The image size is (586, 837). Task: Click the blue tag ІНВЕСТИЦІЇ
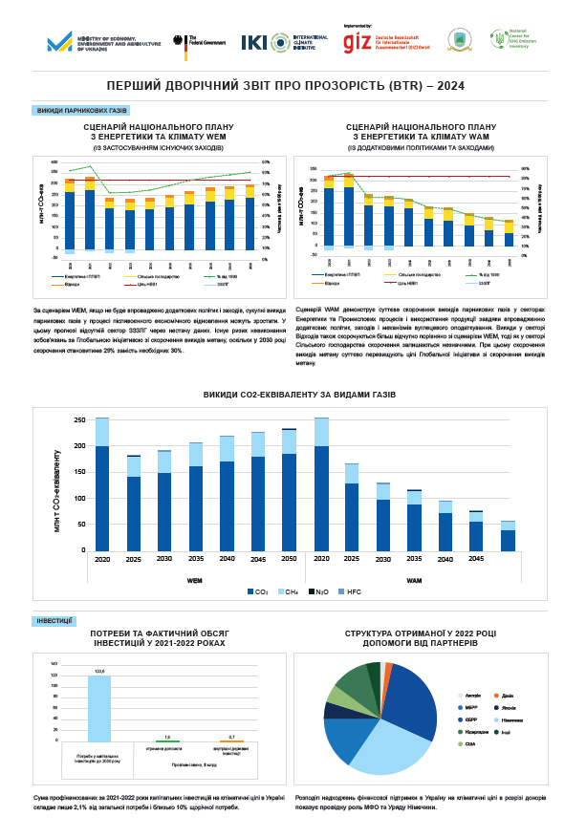(x=54, y=621)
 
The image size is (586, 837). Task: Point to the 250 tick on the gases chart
(x=79, y=419)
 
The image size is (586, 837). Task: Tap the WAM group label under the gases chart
(x=414, y=580)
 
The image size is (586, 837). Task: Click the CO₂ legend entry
(x=261, y=593)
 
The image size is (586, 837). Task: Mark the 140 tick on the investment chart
(x=54, y=663)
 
